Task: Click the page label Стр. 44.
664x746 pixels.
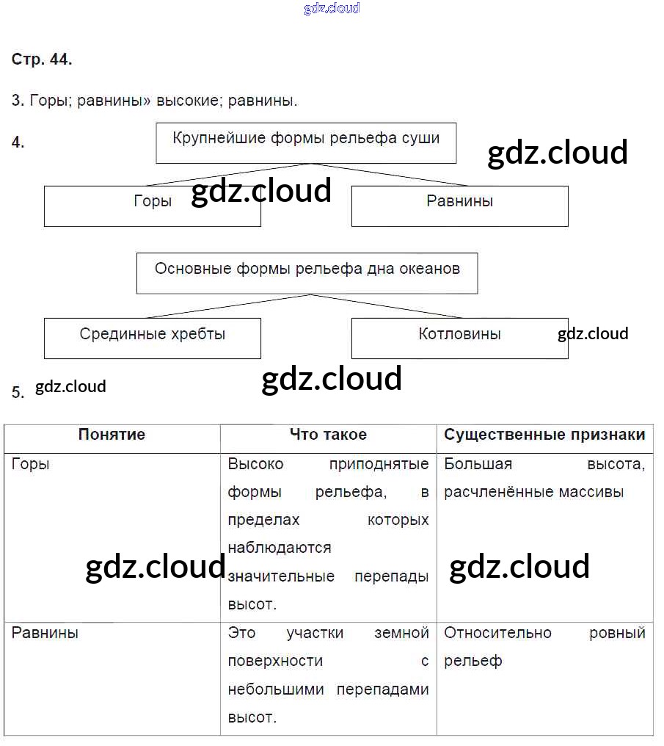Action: pyautogui.click(x=42, y=60)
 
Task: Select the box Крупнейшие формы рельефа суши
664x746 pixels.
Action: pyautogui.click(x=306, y=142)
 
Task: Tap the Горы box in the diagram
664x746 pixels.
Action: pyautogui.click(x=153, y=206)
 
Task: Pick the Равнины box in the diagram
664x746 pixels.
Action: pyautogui.click(x=459, y=206)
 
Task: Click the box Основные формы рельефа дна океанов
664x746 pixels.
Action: pyautogui.click(x=307, y=273)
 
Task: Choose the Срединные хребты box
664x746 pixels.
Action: pyautogui.click(x=153, y=338)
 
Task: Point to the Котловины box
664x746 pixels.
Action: pyautogui.click(x=459, y=338)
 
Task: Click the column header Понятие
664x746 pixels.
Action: pyautogui.click(x=112, y=435)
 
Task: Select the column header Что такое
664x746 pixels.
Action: pyautogui.click(x=328, y=435)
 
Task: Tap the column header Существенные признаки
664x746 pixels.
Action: pyautogui.click(x=544, y=435)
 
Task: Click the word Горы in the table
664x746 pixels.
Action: pyautogui.click(x=31, y=464)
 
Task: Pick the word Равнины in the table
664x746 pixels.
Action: pyautogui.click(x=45, y=633)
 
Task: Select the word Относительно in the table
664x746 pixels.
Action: pyautogui.click(x=497, y=633)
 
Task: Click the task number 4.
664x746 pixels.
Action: pyautogui.click(x=18, y=143)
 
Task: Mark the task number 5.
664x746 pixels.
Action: pyautogui.click(x=18, y=392)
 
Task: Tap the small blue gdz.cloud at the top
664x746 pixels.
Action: pyautogui.click(x=332, y=8)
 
